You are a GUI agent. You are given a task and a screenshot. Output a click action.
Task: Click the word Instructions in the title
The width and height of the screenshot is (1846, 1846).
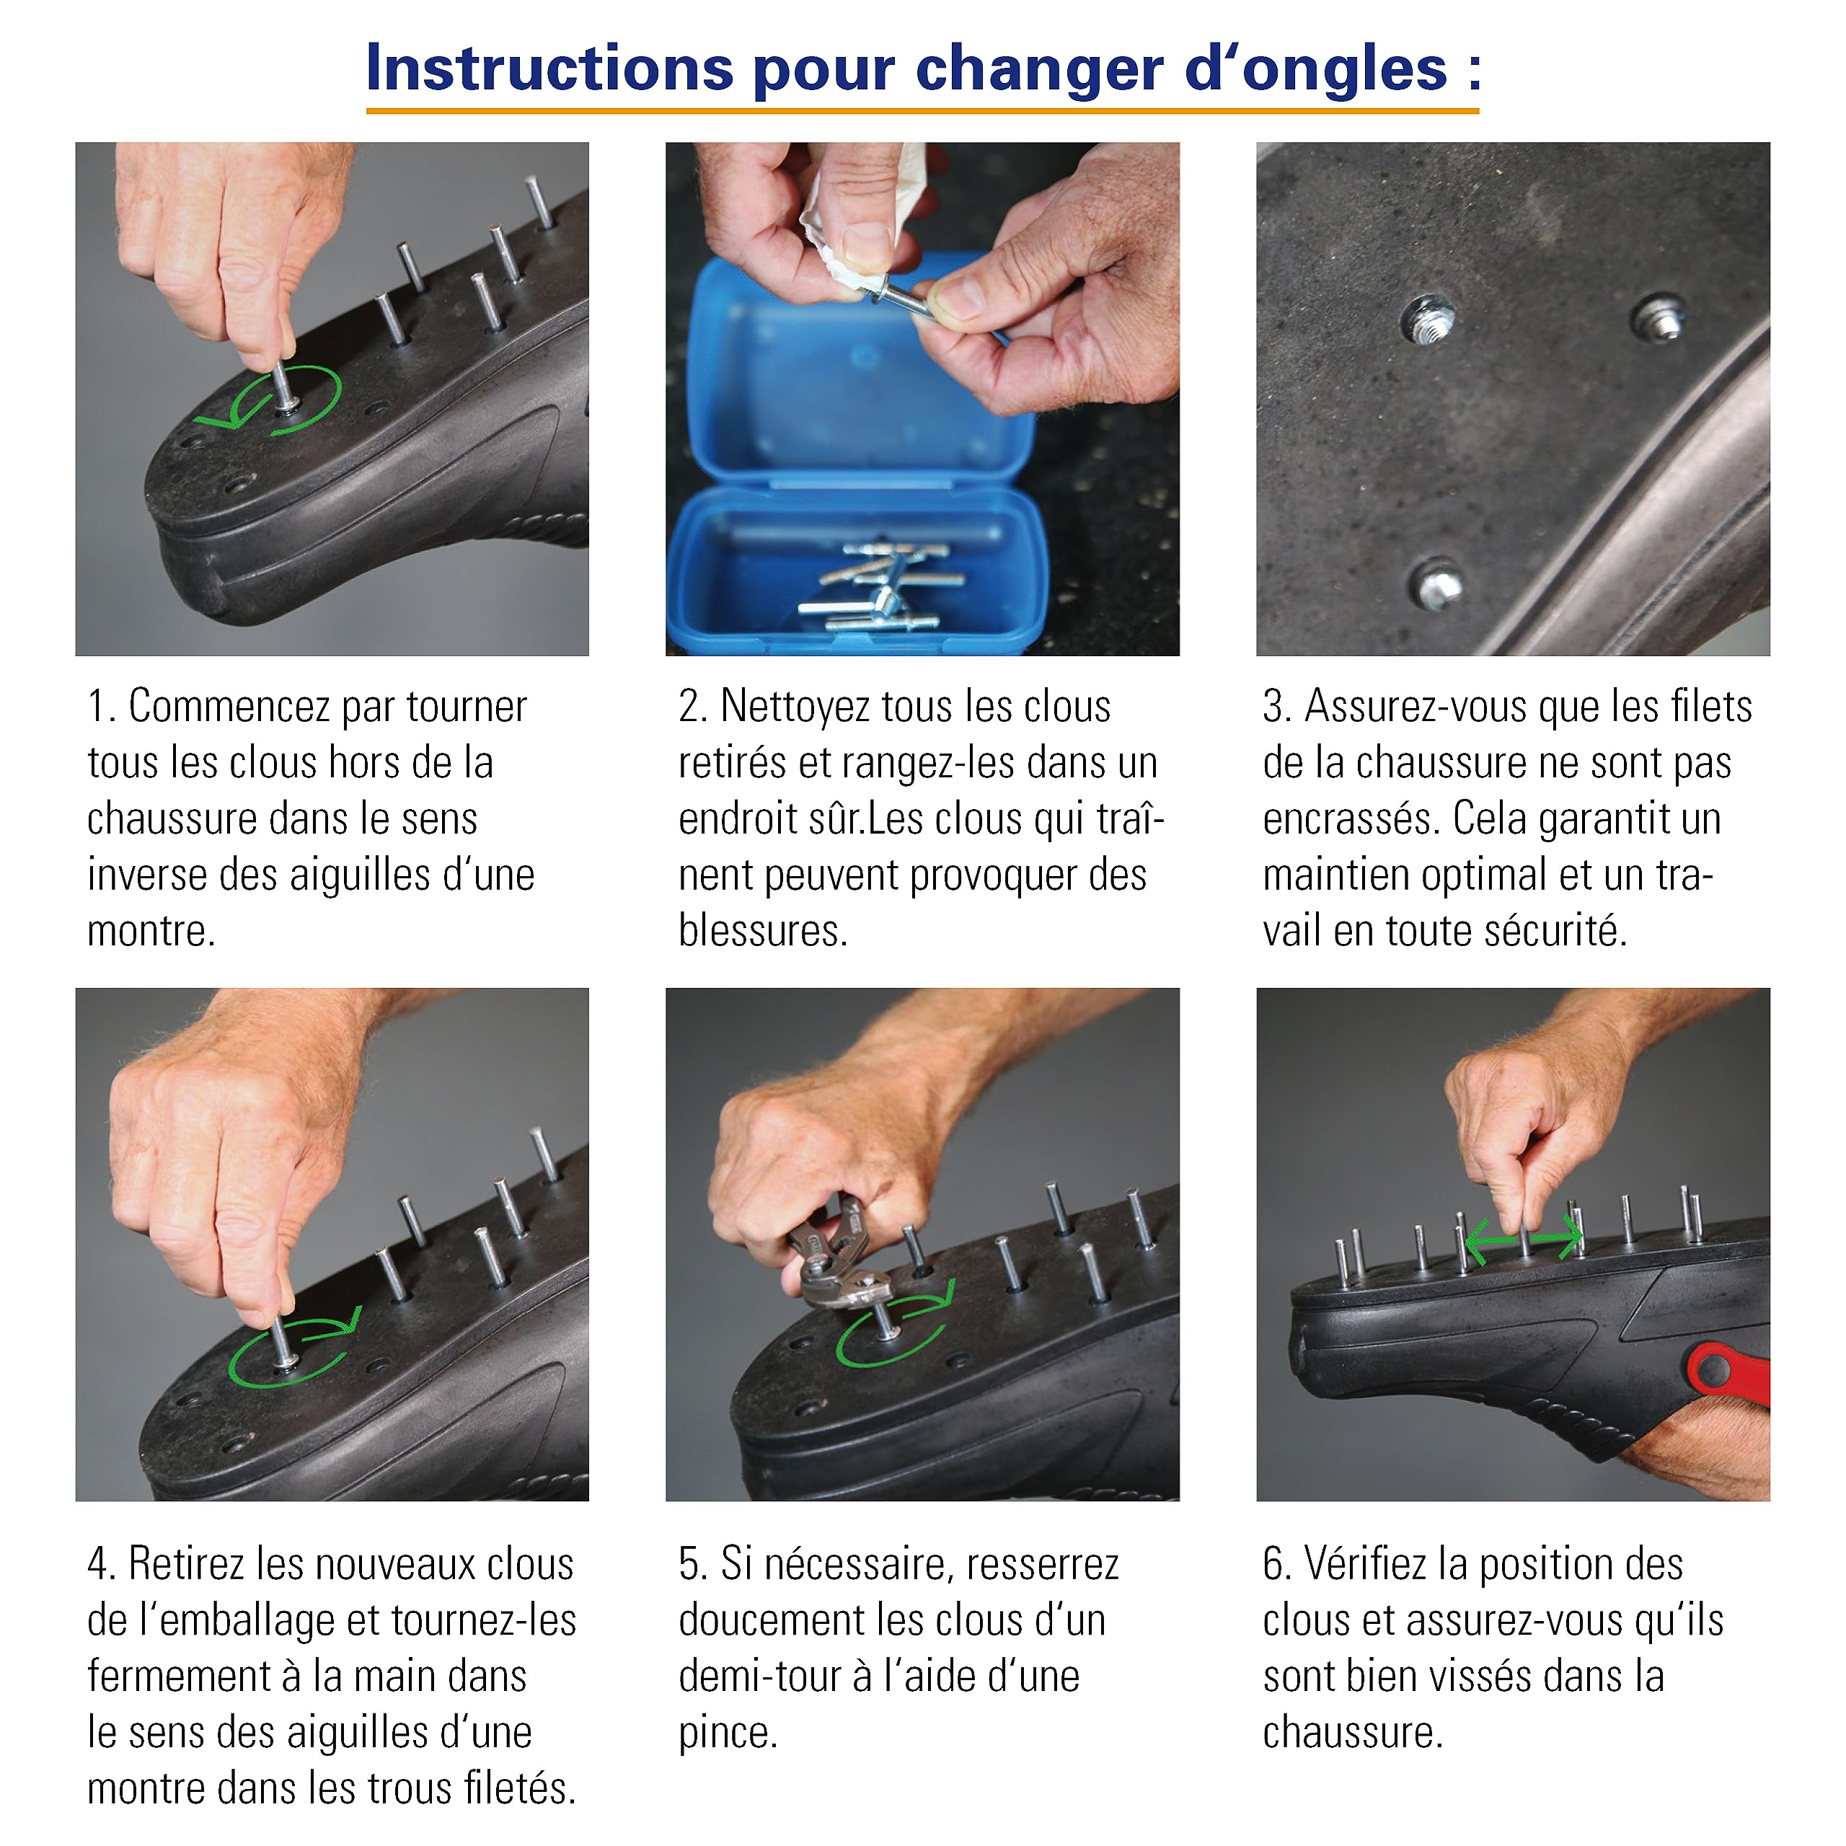[x=550, y=69]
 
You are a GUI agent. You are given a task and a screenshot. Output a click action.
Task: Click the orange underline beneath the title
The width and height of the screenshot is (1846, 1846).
[x=922, y=112]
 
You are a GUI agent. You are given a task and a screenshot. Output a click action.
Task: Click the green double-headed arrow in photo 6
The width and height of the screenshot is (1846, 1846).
[x=1524, y=1241]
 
